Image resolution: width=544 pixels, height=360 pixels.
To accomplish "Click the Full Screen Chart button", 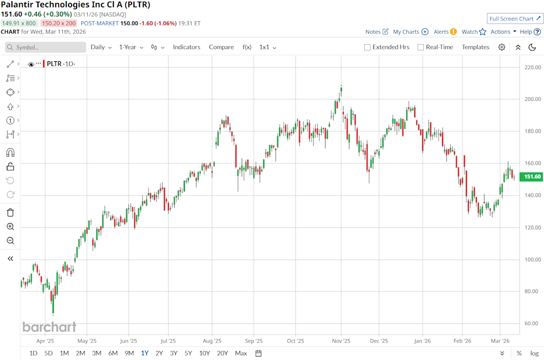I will [515, 19].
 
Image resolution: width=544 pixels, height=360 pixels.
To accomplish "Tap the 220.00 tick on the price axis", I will [533, 67].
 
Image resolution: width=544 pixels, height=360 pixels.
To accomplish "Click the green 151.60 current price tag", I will [531, 177].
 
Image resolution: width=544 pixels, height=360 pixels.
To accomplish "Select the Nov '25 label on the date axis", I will [341, 341].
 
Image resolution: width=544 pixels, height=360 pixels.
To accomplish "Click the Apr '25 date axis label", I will [45, 341].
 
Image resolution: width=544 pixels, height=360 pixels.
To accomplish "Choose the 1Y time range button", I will [145, 353].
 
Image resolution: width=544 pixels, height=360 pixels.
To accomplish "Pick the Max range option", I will [241, 353].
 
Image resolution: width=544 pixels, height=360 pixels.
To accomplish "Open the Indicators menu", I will [187, 47].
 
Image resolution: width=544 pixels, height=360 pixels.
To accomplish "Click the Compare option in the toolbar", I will [221, 47].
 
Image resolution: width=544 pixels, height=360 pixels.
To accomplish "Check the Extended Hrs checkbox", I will [368, 48].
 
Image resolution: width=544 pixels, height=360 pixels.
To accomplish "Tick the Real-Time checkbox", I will [421, 48].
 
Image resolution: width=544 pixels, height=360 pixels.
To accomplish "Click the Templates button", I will [475, 47].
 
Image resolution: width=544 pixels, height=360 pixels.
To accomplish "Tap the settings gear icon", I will [502, 47].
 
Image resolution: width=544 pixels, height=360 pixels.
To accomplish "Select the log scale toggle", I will [534, 353].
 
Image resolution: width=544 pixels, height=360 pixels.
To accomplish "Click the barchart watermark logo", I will [49, 327].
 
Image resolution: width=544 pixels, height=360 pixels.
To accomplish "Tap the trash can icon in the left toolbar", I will [10, 213].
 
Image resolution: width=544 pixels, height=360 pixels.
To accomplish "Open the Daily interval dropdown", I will [101, 47].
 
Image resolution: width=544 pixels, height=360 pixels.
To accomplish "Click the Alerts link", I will [445, 32].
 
